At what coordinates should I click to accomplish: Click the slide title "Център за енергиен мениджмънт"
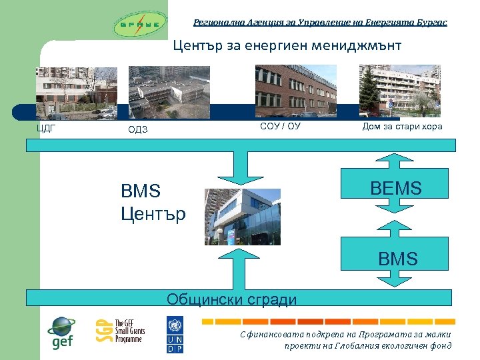pos(287,46)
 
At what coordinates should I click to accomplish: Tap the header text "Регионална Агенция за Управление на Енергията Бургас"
pos(320,22)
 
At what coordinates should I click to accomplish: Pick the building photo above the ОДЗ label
pos(169,92)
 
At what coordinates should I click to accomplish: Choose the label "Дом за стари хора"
pos(402,127)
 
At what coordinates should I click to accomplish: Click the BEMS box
pos(397,189)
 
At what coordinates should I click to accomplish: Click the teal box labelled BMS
pos(397,258)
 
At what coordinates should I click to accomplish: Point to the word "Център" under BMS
pos(153,214)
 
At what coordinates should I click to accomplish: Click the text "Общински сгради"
pos(231,299)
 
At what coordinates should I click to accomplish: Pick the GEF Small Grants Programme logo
pos(120,331)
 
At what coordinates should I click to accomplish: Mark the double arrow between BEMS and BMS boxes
pos(397,223)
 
